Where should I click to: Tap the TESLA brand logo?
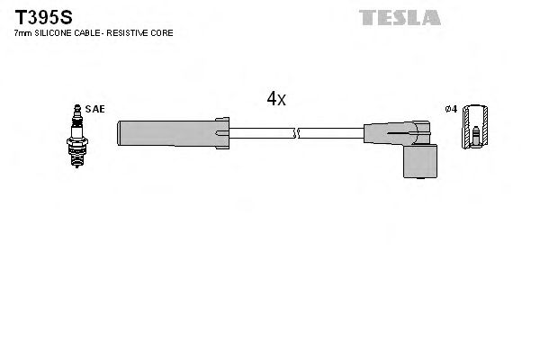(x=400, y=17)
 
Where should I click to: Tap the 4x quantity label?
(x=276, y=100)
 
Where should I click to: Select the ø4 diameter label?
(x=452, y=109)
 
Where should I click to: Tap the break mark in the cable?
(x=294, y=133)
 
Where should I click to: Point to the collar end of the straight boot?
(x=222, y=132)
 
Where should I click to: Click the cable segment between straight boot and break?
(x=261, y=133)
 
